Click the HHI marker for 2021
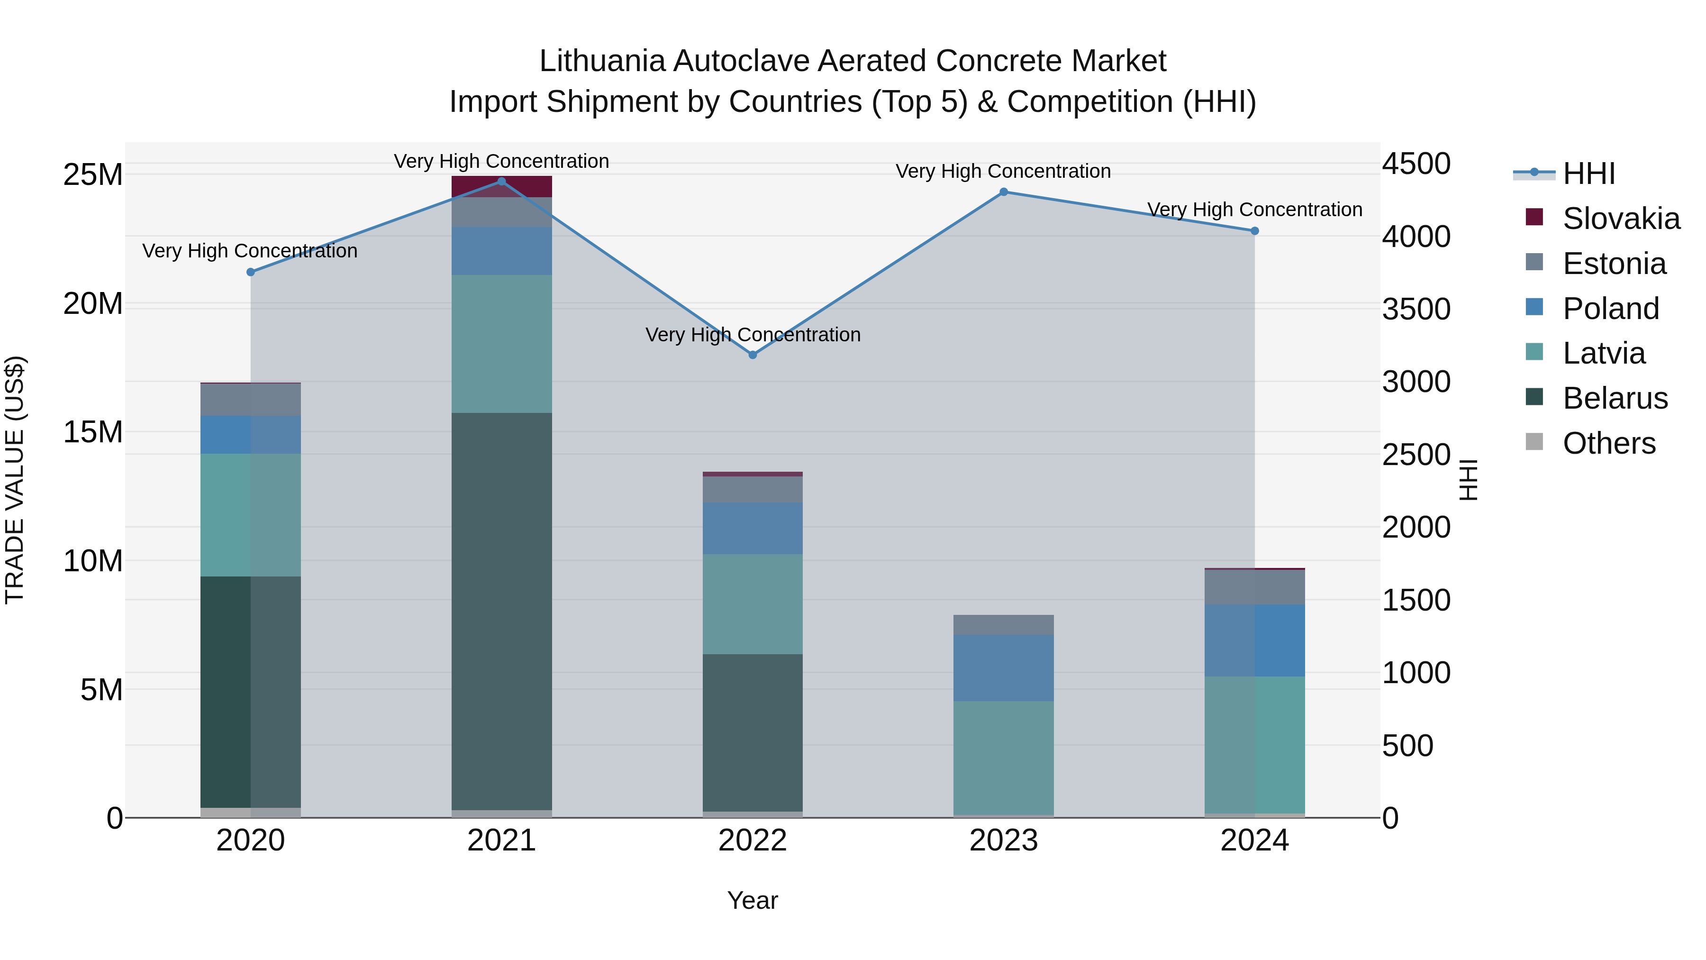click(501, 182)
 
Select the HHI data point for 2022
click(753, 355)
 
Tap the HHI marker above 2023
click(1003, 192)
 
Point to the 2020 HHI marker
click(250, 272)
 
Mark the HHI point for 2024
click(1254, 231)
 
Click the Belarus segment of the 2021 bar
click(501, 610)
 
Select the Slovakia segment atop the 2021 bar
click(501, 187)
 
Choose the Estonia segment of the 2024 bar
click(1254, 586)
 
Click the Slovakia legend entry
click(1621, 219)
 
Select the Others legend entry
click(1609, 443)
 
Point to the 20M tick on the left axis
click(93, 304)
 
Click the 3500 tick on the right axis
click(1416, 310)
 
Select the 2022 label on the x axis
click(753, 841)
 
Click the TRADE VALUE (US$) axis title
click(15, 480)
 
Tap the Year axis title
click(753, 900)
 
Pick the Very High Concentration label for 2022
click(753, 335)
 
